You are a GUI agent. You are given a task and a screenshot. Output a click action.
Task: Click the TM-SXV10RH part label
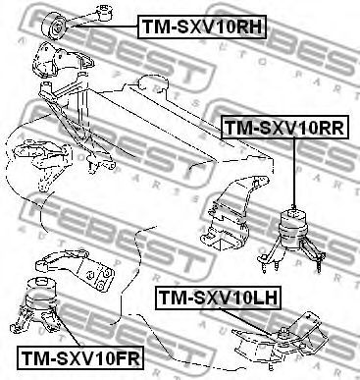[202, 27]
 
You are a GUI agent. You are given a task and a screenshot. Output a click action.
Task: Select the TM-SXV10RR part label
[284, 127]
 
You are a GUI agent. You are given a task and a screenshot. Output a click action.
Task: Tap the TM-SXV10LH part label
[218, 299]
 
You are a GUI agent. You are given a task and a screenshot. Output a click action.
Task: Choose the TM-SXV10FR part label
[80, 357]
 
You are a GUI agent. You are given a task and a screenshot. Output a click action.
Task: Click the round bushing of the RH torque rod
[54, 27]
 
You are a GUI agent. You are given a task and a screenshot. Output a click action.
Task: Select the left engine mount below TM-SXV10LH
[282, 341]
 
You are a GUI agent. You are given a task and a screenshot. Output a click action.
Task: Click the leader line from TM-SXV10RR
[294, 172]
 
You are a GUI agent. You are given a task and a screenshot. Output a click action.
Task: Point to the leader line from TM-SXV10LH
[249, 321]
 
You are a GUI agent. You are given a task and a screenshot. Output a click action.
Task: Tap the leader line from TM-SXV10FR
[67, 327]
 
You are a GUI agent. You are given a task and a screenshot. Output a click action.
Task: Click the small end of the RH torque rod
[106, 12]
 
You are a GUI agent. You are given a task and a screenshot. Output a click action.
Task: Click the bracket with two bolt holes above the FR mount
[78, 268]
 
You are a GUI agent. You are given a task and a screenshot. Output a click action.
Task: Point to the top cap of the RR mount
[293, 214]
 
